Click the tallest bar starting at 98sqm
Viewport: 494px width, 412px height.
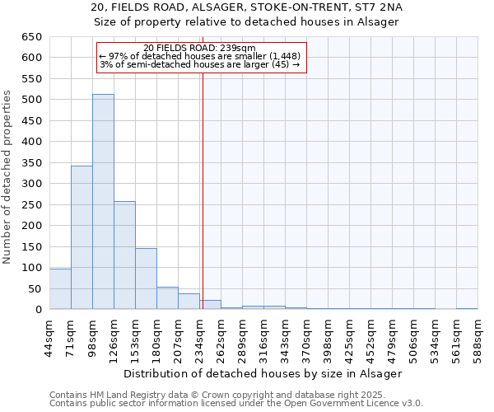[x=103, y=202]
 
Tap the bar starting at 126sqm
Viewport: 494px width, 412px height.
[x=124, y=255]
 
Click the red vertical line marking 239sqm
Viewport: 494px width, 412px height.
[x=202, y=190]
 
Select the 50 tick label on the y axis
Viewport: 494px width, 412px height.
[x=35, y=288]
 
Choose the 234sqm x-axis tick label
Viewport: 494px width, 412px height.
[x=199, y=336]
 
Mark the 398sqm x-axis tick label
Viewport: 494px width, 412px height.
[x=328, y=336]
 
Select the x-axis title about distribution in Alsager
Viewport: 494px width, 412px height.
[x=263, y=373]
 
